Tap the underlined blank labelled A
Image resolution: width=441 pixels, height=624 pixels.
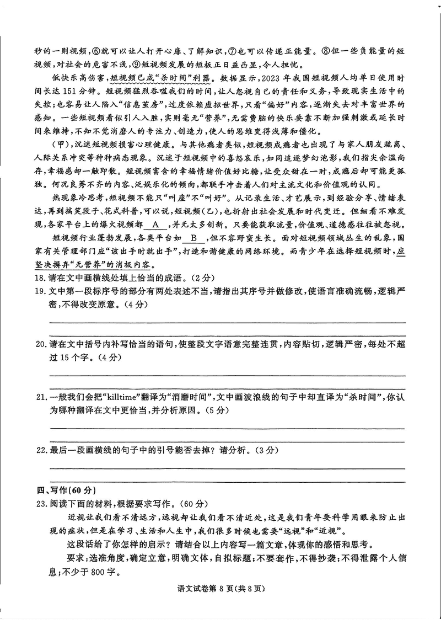click(x=156, y=225)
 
